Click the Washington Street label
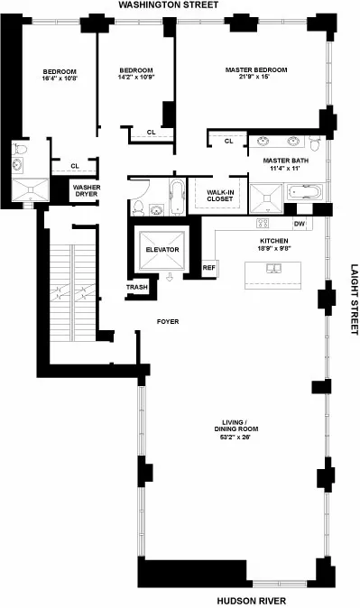pyautogui.click(x=180, y=6)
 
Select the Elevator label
pyautogui.click(x=163, y=249)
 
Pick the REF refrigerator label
pyautogui.click(x=209, y=267)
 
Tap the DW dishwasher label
pyautogui.click(x=300, y=224)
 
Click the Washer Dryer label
pyautogui.click(x=87, y=191)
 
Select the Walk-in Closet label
pyautogui.click(x=220, y=195)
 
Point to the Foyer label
pyautogui.click(x=167, y=320)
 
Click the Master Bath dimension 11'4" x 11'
pyautogui.click(x=287, y=169)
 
